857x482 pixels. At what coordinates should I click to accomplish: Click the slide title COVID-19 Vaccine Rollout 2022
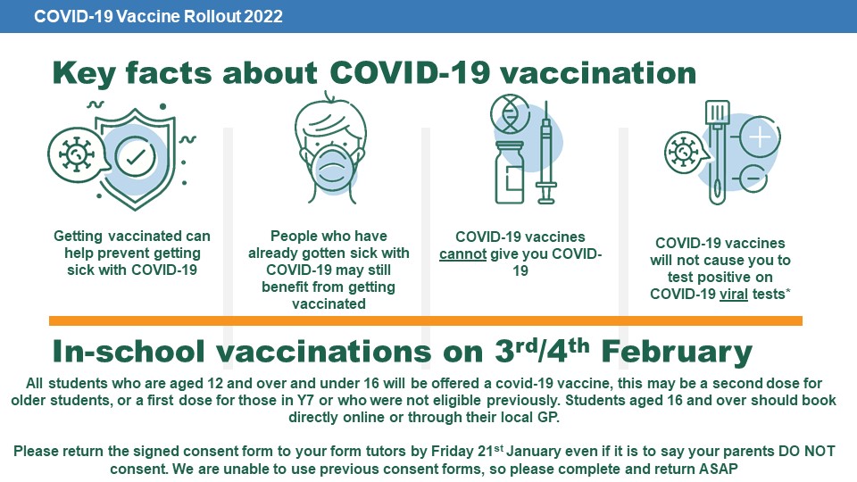pyautogui.click(x=158, y=16)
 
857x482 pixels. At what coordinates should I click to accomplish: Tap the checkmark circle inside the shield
pyautogui.click(x=136, y=157)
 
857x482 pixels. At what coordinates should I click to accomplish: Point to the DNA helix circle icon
pyautogui.click(x=510, y=114)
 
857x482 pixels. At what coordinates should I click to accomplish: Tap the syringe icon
pyautogui.click(x=545, y=154)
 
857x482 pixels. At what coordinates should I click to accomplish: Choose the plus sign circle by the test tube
pyautogui.click(x=760, y=137)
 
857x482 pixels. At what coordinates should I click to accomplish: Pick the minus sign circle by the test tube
pyautogui.click(x=753, y=179)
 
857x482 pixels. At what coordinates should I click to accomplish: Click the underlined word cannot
pyautogui.click(x=463, y=254)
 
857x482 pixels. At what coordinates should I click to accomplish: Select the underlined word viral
pyautogui.click(x=734, y=294)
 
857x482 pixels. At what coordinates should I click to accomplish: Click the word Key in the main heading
pyautogui.click(x=84, y=74)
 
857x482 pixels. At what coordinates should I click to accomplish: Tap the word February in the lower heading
pyautogui.click(x=677, y=352)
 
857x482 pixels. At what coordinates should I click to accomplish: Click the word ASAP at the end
pyautogui.click(x=718, y=469)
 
